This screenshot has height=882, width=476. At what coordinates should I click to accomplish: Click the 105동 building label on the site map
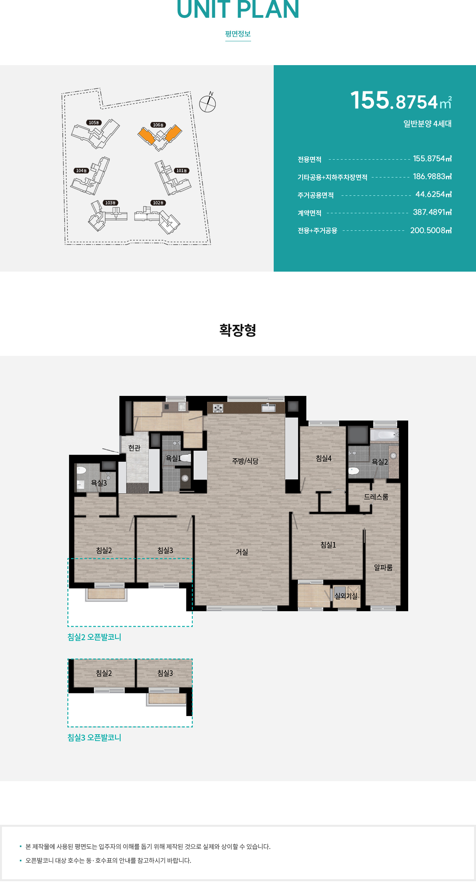[x=94, y=123]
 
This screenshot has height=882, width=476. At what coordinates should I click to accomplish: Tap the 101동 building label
[x=182, y=171]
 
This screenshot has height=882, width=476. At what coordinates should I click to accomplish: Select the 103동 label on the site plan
[x=110, y=203]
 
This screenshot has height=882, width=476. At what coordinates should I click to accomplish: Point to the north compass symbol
[x=207, y=104]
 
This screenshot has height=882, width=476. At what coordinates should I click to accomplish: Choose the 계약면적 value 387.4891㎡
[x=432, y=212]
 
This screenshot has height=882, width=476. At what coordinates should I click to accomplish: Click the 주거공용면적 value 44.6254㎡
[x=433, y=194]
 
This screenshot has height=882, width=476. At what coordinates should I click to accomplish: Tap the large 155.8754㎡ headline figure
[x=401, y=101]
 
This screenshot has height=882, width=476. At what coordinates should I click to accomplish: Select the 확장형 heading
[x=238, y=330]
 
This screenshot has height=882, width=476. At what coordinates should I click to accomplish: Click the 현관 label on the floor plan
[x=134, y=448]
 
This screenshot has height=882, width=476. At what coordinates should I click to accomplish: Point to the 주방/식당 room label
[x=245, y=461]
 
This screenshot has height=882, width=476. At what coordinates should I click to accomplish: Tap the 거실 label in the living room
[x=242, y=552]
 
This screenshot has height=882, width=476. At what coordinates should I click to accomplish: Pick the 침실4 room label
[x=324, y=458]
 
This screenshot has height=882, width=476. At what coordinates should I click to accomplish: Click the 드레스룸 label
[x=376, y=497]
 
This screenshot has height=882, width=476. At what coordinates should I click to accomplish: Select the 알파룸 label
[x=383, y=567]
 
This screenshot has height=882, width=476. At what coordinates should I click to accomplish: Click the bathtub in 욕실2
[x=384, y=435]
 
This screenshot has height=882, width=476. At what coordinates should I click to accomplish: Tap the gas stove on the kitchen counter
[x=218, y=408]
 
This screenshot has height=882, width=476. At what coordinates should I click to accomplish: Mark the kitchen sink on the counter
[x=269, y=408]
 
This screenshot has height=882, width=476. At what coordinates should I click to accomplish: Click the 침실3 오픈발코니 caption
[x=94, y=737]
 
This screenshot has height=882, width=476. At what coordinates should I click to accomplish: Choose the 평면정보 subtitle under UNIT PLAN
[x=238, y=34]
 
